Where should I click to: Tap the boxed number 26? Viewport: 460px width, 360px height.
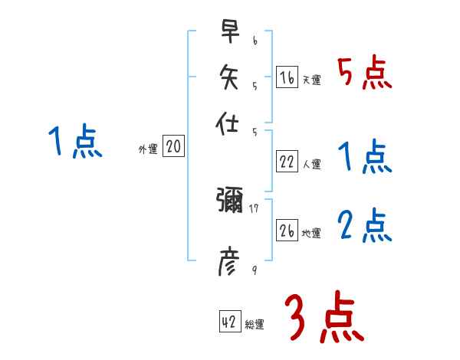point(287,230)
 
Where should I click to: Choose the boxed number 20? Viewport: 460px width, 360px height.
point(173,146)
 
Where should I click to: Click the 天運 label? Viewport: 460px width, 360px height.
point(311,80)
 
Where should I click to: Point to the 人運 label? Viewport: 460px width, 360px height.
point(311,164)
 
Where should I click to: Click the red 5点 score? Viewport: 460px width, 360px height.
point(364,74)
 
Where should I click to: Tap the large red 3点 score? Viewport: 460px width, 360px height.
point(324,318)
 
